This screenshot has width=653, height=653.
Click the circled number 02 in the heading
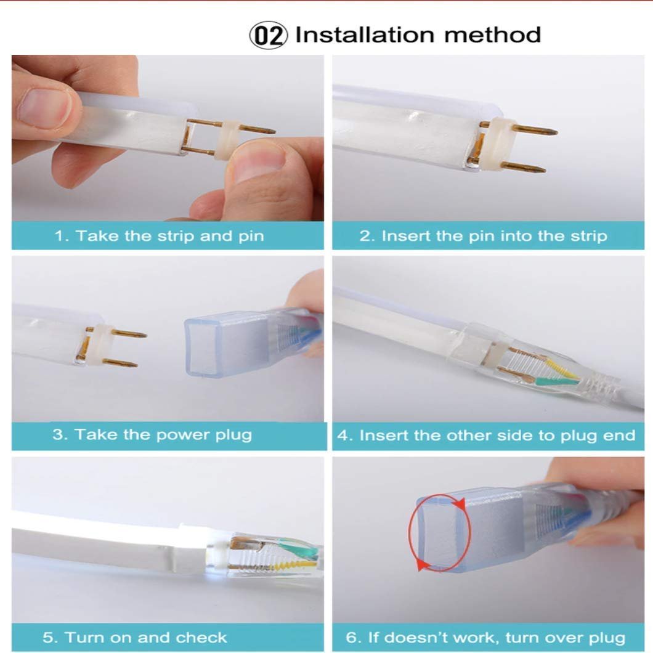pos(268,35)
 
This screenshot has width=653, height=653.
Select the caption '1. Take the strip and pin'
pos(159,236)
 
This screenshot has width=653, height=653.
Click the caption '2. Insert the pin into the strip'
pos(483,236)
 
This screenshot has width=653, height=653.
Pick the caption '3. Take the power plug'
pos(152,435)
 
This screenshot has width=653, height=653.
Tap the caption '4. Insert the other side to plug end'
pos(487,435)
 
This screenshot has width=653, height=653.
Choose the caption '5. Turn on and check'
pos(134,638)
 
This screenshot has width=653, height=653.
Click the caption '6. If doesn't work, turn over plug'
pos(485,638)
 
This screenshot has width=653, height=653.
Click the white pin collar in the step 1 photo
pos(227,140)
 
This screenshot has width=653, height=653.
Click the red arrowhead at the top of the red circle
pos(460,504)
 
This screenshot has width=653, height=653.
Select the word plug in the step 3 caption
pos(233,436)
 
